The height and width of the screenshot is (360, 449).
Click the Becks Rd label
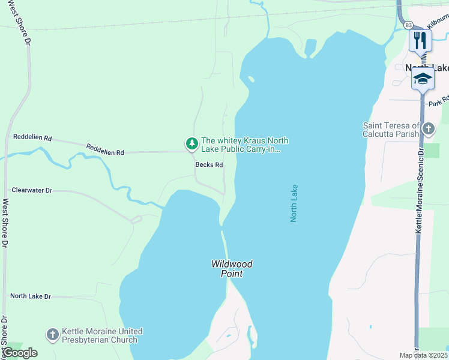209,165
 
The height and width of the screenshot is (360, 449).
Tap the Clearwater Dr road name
32,190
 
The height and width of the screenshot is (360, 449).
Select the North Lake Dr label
31,296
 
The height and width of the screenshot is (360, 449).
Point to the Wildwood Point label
231,269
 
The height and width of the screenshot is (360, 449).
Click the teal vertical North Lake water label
294,203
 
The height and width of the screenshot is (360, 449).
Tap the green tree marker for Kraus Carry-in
191,143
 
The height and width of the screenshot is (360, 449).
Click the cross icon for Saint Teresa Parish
428,128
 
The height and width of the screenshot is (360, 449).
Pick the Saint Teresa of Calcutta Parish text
391,130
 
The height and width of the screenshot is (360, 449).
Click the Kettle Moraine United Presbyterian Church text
102,335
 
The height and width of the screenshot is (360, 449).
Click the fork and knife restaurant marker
420,40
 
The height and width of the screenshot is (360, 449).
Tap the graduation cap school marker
423,79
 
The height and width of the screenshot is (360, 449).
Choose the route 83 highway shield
408,25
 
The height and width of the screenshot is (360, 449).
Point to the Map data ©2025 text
423,355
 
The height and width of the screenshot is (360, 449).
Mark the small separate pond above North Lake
310,47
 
